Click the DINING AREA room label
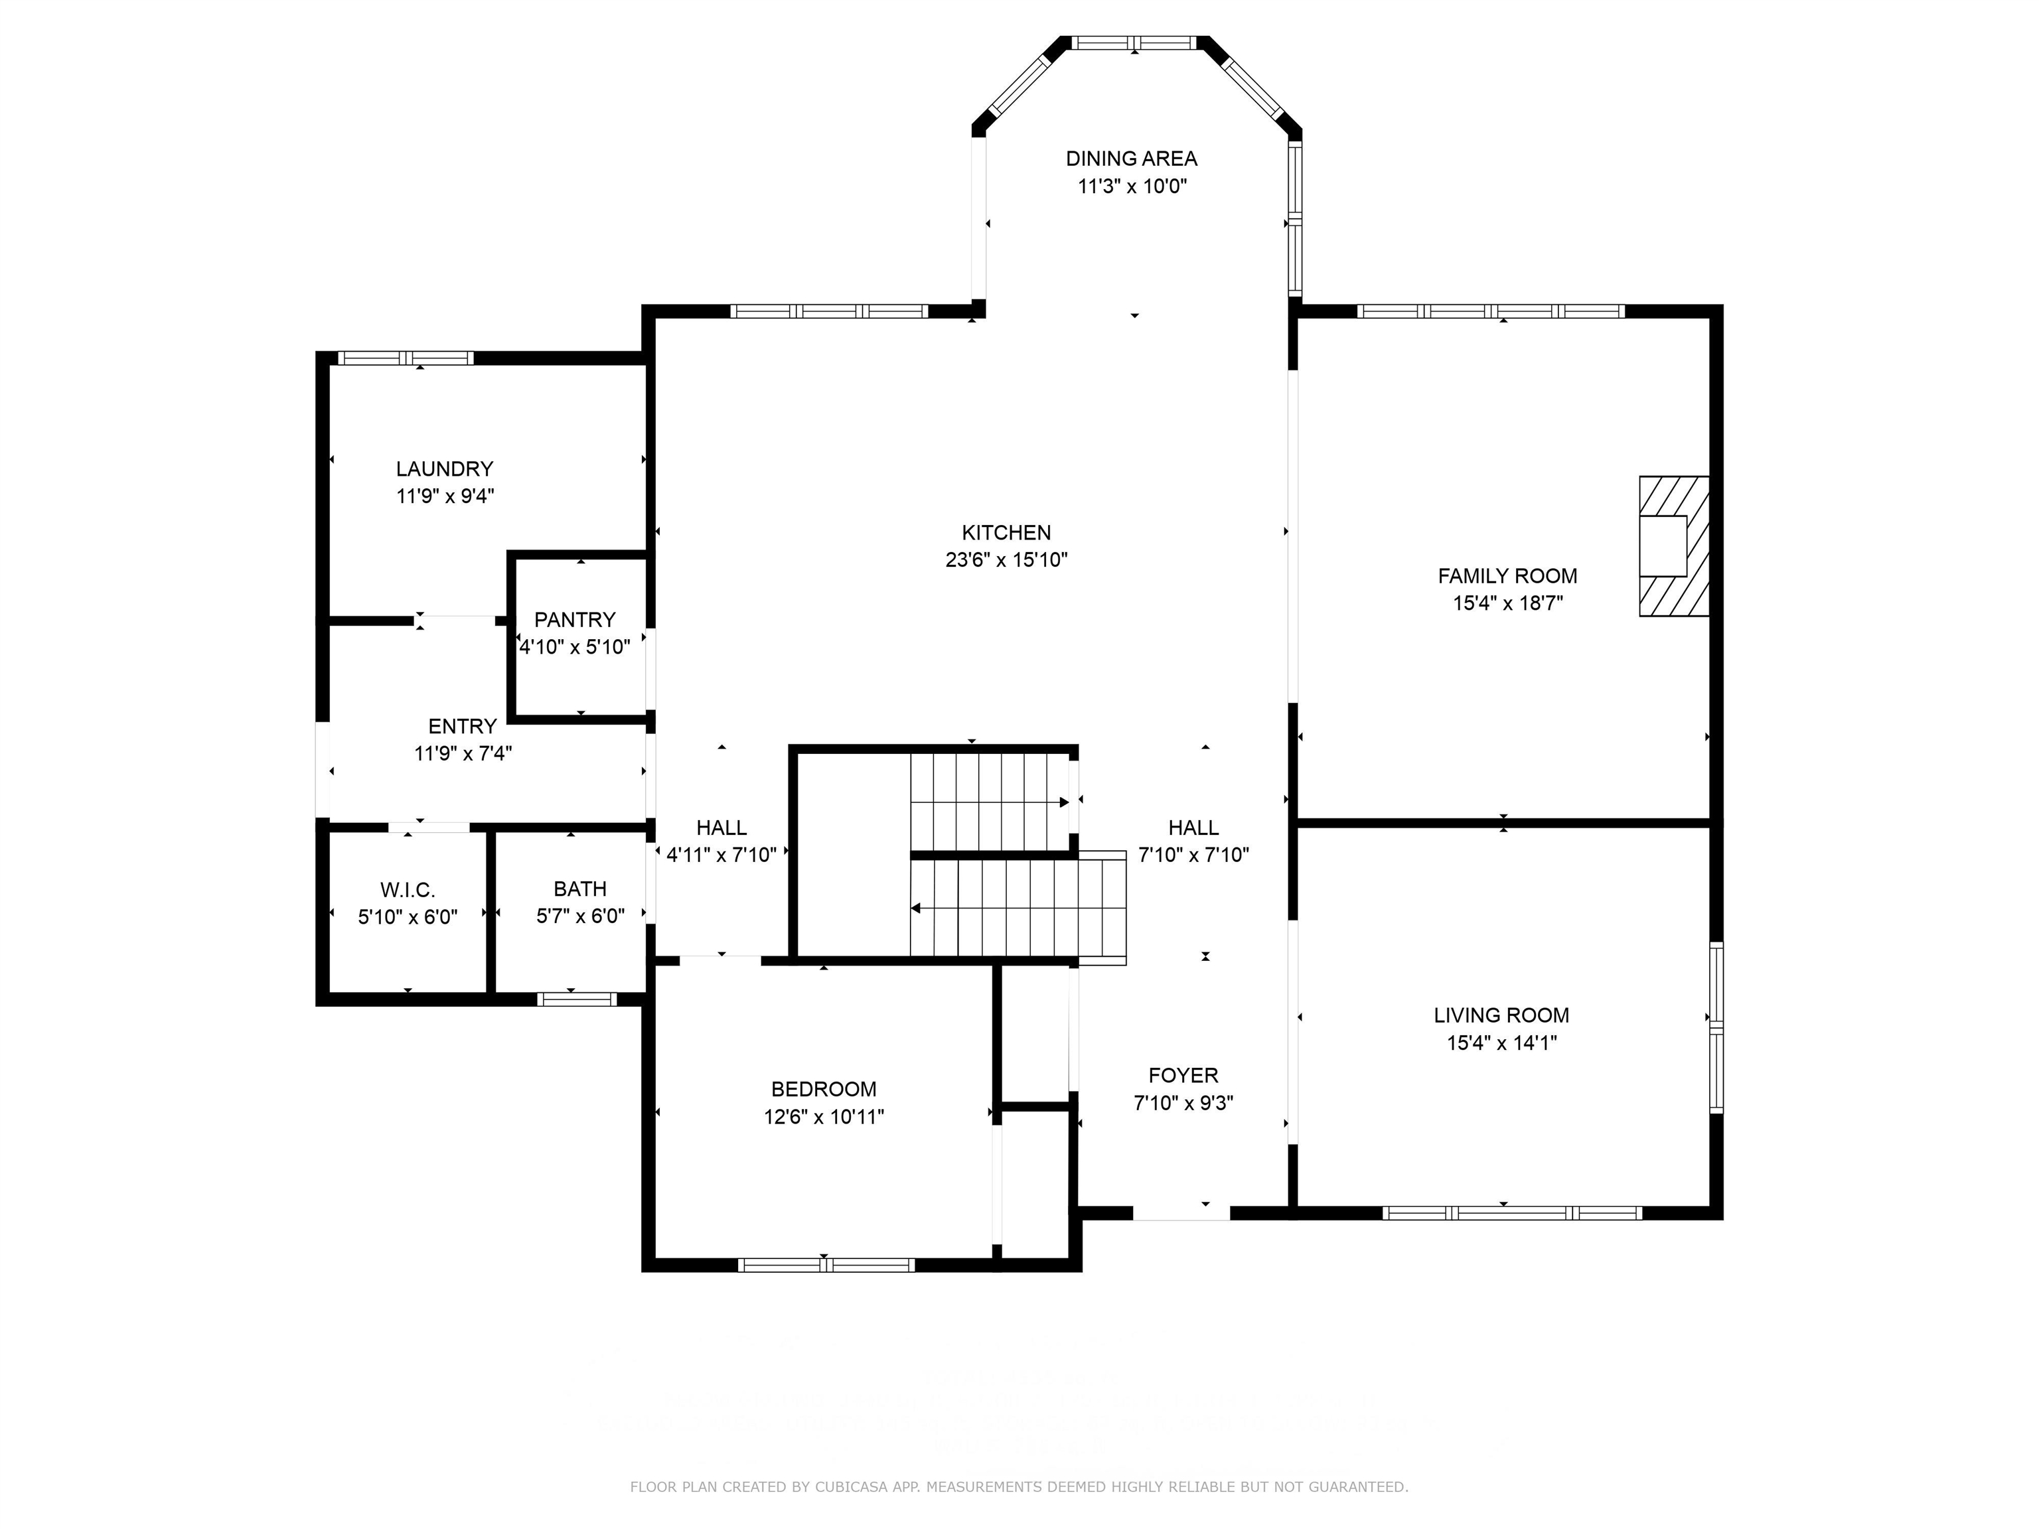click(x=1131, y=159)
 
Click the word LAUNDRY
click(x=444, y=469)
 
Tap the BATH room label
click(x=580, y=889)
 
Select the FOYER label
click(x=1183, y=1076)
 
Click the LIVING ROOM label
click(x=1501, y=1015)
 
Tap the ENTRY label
click(x=462, y=726)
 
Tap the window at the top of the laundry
click(x=406, y=358)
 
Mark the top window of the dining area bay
click(x=1134, y=42)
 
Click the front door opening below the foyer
click(x=1181, y=1214)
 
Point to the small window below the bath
click(x=577, y=999)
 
